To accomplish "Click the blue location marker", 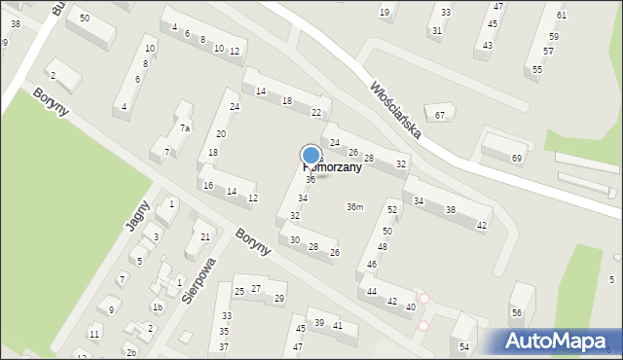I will (311, 155).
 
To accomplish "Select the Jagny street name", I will (136, 215).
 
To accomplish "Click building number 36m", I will (355, 206).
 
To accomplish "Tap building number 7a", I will (184, 128).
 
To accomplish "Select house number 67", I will (440, 116).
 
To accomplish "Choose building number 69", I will (517, 159).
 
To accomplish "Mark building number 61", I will (562, 16).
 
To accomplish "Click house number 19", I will (385, 13).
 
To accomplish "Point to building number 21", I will (204, 236).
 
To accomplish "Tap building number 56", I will (517, 312).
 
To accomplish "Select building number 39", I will (318, 323).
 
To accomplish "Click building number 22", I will (316, 113).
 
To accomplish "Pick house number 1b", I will (157, 306).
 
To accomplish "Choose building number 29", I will (279, 298).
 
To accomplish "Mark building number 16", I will (208, 185).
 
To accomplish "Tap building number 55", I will (537, 70).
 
